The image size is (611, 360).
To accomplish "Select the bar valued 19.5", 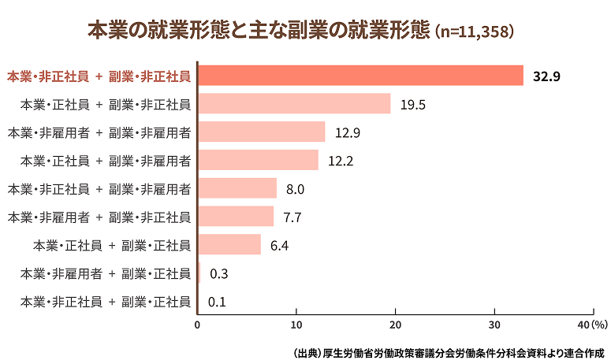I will point(294,103).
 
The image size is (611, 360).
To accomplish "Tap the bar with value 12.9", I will point(261,132).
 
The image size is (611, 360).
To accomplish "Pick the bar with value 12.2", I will point(258,160).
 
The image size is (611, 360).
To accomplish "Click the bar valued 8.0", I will point(237,188).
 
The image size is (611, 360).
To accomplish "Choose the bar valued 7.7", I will point(236,217).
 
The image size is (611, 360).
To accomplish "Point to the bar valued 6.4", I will point(229,245).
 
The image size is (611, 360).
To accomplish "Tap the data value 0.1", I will point(217,302).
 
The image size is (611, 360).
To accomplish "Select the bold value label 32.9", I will point(546,76).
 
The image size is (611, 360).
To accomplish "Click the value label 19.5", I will point(412,104).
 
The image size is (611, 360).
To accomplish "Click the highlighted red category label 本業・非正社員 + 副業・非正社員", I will point(99,76).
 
